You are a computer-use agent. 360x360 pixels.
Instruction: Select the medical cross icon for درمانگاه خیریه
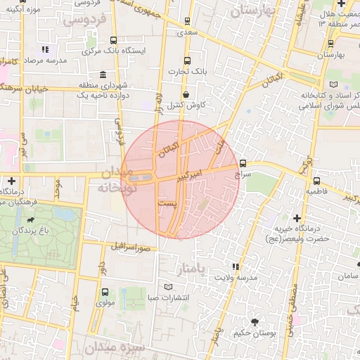point(297,219)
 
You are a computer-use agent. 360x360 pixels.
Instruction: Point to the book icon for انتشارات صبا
point(167,286)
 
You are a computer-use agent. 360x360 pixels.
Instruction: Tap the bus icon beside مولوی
point(105,292)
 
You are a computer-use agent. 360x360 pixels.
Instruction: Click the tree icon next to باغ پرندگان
point(32,230)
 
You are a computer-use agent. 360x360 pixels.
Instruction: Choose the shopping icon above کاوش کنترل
point(186,94)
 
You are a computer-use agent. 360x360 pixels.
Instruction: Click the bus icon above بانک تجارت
point(186,60)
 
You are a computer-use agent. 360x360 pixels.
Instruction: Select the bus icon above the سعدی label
point(186,21)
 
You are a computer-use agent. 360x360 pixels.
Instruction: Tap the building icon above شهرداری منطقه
point(103,75)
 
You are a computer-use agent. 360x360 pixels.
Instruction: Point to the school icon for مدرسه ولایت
point(236,266)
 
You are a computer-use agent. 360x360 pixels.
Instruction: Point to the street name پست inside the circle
point(167,202)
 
